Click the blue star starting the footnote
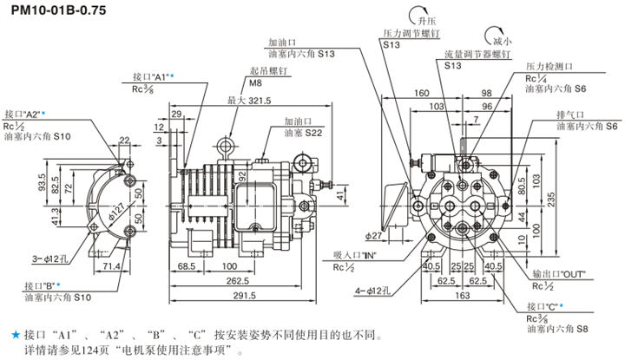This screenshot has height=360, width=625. [x=14, y=333]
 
